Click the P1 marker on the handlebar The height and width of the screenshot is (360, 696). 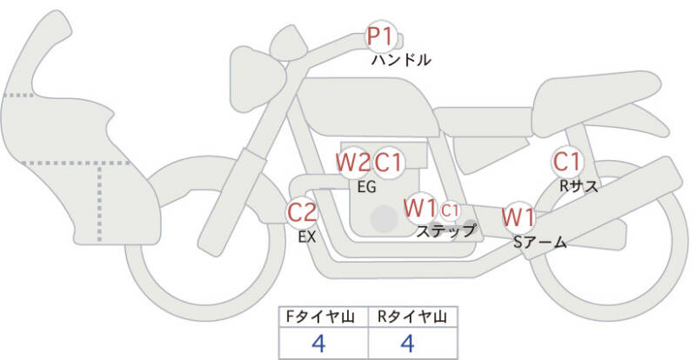380,37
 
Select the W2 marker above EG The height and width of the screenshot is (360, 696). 353,162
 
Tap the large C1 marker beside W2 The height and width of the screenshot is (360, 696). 388,162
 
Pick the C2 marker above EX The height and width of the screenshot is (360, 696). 302,211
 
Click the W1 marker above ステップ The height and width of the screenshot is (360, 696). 421,209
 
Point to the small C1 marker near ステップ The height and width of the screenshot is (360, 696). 450,210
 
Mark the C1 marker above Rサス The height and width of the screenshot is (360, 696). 568,162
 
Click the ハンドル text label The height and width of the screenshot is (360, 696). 401,61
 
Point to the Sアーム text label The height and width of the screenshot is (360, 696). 539,243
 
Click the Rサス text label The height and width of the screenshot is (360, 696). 579,185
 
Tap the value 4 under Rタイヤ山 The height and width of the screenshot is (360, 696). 407,343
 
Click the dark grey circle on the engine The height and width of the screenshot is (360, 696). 382,219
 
